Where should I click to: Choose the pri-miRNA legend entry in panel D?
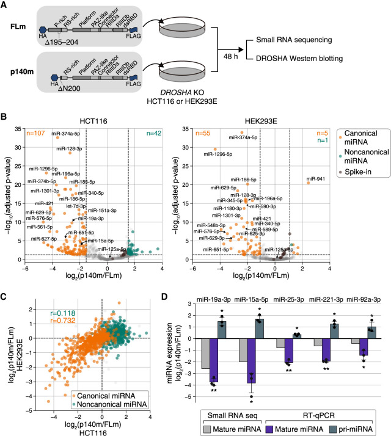(x=348, y=422)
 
